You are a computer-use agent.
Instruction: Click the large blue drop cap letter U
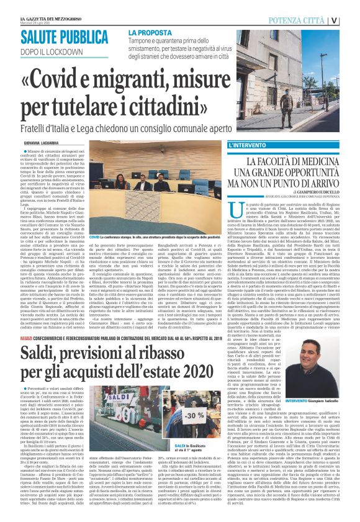pyautogui.click(x=235, y=210)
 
